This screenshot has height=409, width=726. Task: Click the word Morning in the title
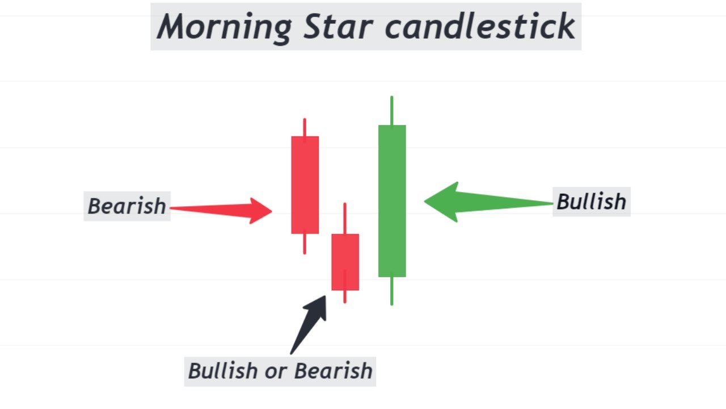[225, 27]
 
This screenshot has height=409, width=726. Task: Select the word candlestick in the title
[480, 27]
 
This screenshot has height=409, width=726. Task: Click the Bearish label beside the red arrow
[127, 206]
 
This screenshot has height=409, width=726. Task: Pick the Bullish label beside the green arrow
[591, 202]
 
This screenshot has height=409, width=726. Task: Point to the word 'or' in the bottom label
[275, 371]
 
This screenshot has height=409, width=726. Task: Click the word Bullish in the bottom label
[222, 371]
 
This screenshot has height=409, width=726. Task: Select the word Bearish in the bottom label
[333, 371]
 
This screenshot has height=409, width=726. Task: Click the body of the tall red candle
[305, 185]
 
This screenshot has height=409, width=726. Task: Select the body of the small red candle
[345, 262]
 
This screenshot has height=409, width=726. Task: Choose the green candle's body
[392, 201]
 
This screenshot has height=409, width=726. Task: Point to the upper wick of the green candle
[391, 110]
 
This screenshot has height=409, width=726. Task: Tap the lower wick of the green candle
[391, 291]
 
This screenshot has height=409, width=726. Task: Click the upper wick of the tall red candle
[305, 127]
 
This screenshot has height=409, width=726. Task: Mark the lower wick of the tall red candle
[305, 244]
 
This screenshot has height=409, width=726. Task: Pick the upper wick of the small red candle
[344, 218]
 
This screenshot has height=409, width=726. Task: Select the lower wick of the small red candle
[344, 297]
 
